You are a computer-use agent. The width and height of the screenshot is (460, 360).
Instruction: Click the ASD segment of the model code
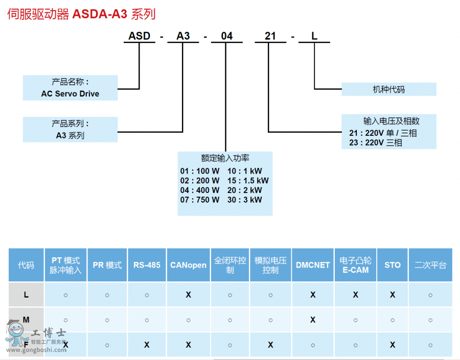coord(139,36)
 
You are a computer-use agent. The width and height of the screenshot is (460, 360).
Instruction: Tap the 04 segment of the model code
coord(226,36)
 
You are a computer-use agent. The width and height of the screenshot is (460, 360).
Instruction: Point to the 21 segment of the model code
coord(270,36)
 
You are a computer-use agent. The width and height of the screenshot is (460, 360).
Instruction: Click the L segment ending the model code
coord(314,36)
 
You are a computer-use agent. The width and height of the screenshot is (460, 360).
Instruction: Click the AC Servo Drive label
coord(70,94)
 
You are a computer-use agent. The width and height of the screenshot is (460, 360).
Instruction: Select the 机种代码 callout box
coord(388,89)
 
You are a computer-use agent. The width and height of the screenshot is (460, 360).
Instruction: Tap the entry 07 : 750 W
coord(200,200)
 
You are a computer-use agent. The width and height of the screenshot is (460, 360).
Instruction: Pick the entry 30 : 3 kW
coord(245,200)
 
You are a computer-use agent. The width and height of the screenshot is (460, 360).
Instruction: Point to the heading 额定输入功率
coord(225,158)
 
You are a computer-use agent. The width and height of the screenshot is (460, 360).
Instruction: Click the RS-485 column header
coord(147,265)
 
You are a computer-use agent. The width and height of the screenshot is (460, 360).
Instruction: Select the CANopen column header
coord(188,265)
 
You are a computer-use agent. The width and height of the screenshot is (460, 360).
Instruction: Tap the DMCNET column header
coord(313,265)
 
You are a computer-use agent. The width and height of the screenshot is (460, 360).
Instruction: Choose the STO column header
coord(393,265)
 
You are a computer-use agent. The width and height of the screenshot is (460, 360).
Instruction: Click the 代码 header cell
coord(26,265)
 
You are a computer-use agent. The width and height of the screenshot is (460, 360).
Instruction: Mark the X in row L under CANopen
coord(188,295)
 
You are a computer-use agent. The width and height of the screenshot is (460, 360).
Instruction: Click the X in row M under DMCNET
coord(313,320)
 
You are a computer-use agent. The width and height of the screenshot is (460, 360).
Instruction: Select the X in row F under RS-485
coord(147,345)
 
